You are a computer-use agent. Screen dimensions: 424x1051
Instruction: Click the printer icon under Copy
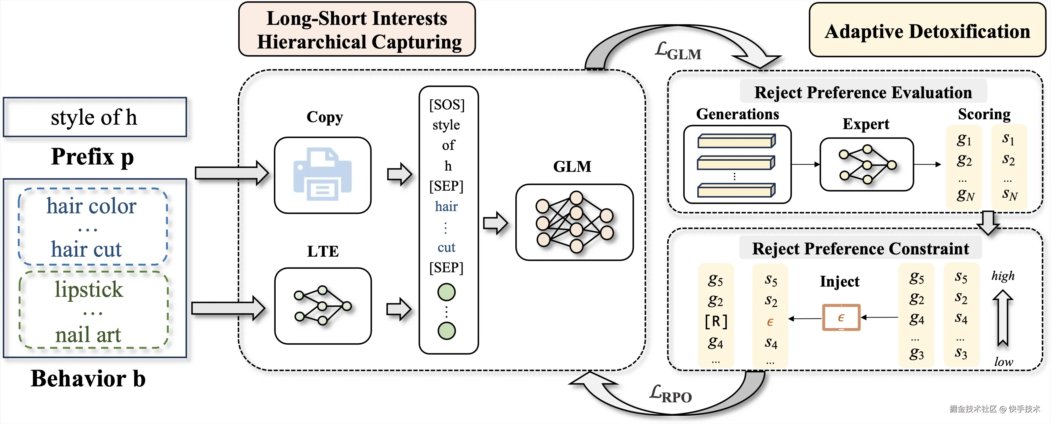[322, 175]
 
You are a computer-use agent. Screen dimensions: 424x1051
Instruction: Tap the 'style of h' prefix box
[95, 117]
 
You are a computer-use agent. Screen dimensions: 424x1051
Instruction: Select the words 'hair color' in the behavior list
[91, 206]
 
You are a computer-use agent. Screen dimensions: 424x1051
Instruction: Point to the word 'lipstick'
[89, 289]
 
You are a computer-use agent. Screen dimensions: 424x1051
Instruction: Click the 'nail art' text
[88, 335]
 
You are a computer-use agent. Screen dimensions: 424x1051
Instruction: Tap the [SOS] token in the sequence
[447, 105]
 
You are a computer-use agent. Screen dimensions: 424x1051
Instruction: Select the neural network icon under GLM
[575, 222]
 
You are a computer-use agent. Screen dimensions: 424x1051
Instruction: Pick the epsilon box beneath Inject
[841, 318]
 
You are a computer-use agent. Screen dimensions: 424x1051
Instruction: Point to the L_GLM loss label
[678, 51]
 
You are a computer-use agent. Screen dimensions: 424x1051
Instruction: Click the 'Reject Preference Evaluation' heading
[863, 92]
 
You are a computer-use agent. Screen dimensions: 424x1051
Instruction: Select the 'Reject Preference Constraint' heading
[860, 248]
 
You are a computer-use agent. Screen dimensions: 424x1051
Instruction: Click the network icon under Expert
[867, 164]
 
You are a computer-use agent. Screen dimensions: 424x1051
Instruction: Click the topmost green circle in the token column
[446, 292]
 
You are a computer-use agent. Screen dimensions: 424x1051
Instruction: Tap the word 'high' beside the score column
[1003, 276]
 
